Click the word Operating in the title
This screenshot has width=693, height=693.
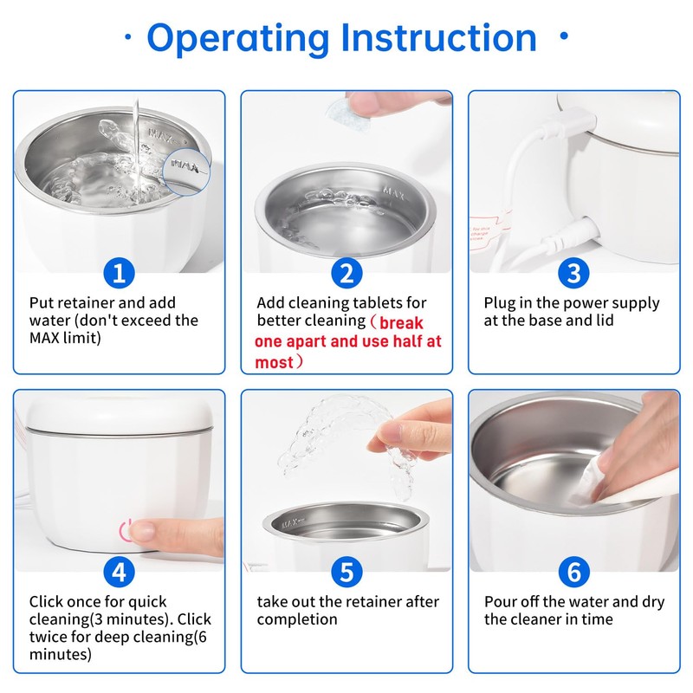point(238,39)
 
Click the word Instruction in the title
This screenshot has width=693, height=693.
point(439,37)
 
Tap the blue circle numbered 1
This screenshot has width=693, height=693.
point(119,273)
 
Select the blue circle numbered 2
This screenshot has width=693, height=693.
point(347,273)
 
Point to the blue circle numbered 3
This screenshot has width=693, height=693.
point(573,273)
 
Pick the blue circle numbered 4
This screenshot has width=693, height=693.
point(119,573)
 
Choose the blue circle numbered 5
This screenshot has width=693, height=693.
point(347,573)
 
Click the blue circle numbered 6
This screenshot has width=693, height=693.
point(573,573)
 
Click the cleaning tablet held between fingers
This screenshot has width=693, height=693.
point(340,111)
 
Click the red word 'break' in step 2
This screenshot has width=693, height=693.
point(401,323)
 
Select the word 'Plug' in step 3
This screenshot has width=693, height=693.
point(500,304)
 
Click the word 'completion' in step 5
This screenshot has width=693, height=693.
point(297,619)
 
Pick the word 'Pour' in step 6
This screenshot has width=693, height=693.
point(502,602)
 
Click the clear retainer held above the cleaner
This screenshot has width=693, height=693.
point(336,442)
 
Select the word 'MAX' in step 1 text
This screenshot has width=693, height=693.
point(44,338)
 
